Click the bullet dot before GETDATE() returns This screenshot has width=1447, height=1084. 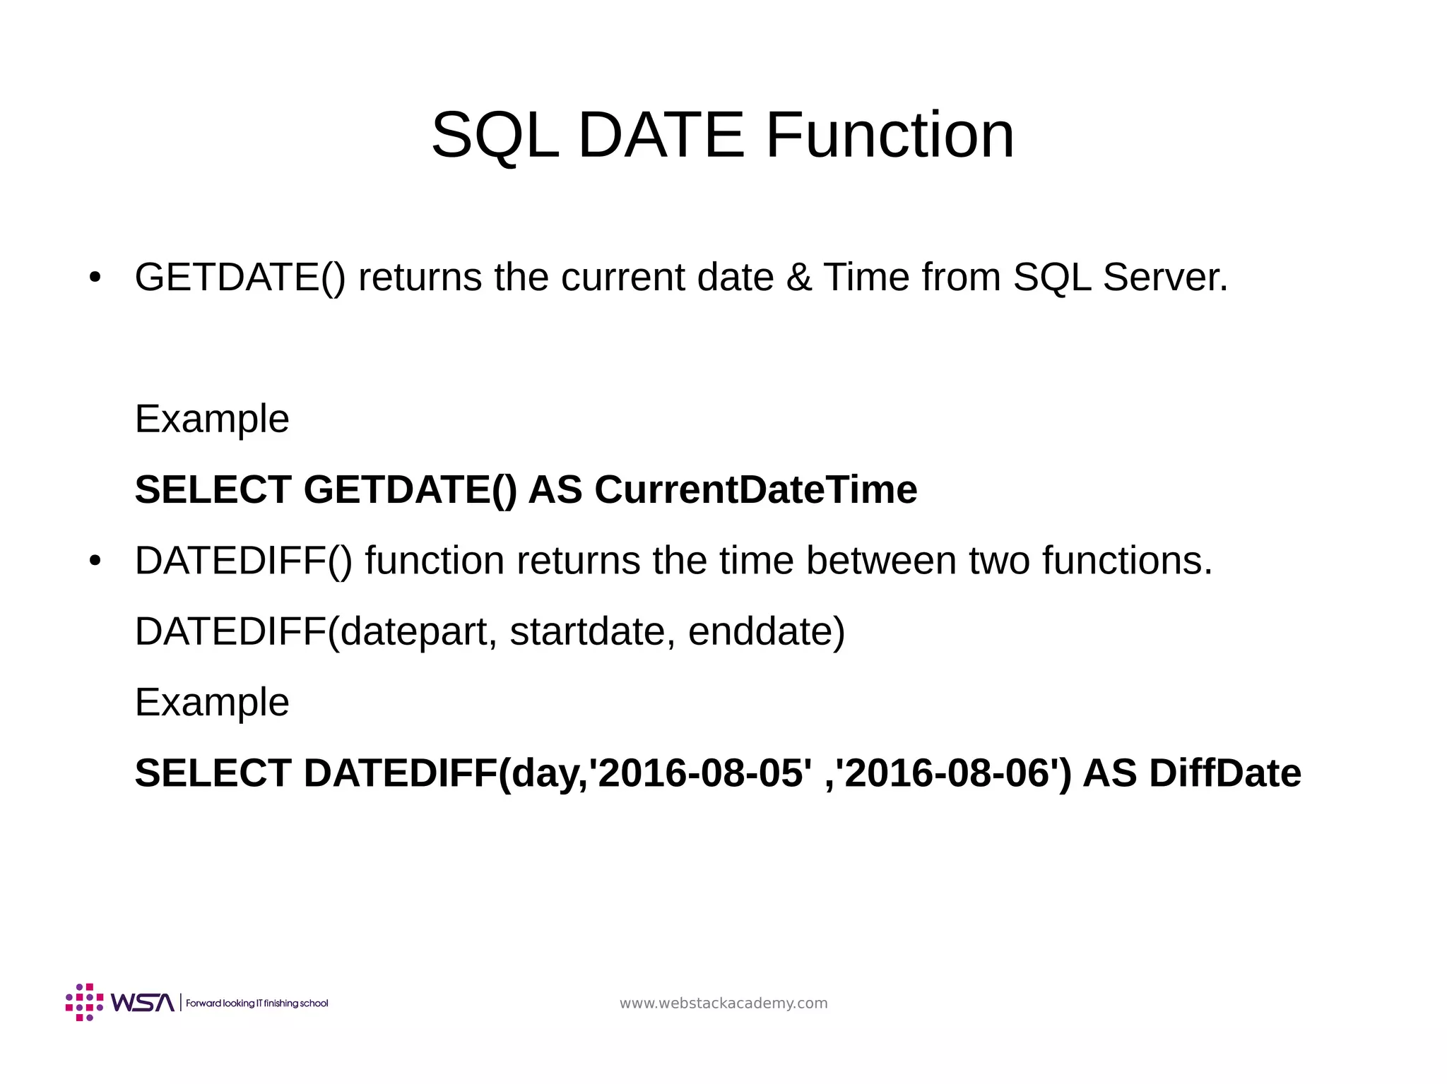coord(95,278)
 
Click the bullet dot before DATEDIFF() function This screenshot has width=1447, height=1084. coord(95,561)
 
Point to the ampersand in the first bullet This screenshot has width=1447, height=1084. coord(798,277)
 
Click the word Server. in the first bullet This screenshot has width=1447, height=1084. coord(1165,277)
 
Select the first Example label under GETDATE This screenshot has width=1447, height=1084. coord(212,419)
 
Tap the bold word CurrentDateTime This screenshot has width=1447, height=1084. coord(755,489)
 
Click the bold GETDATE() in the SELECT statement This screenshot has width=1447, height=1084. coord(410,489)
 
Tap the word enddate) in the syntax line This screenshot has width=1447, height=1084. coord(766,631)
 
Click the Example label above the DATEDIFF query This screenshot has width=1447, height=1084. coord(212,703)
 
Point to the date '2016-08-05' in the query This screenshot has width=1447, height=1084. coord(700,773)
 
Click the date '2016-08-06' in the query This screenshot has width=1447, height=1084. coord(947,773)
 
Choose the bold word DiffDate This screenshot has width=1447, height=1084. coord(1224,773)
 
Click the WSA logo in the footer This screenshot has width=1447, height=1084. coord(120,1002)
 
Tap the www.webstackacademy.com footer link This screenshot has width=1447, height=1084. coord(723,1003)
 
